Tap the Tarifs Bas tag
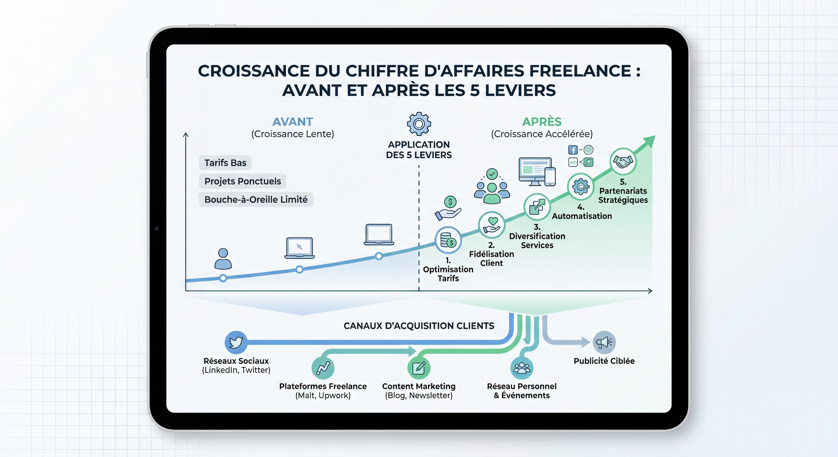(225, 163)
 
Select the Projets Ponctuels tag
(242, 181)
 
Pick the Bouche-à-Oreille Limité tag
(256, 199)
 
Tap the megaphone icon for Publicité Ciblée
(604, 342)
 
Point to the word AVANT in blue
(293, 122)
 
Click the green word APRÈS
(542, 122)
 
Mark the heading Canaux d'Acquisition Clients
(419, 326)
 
